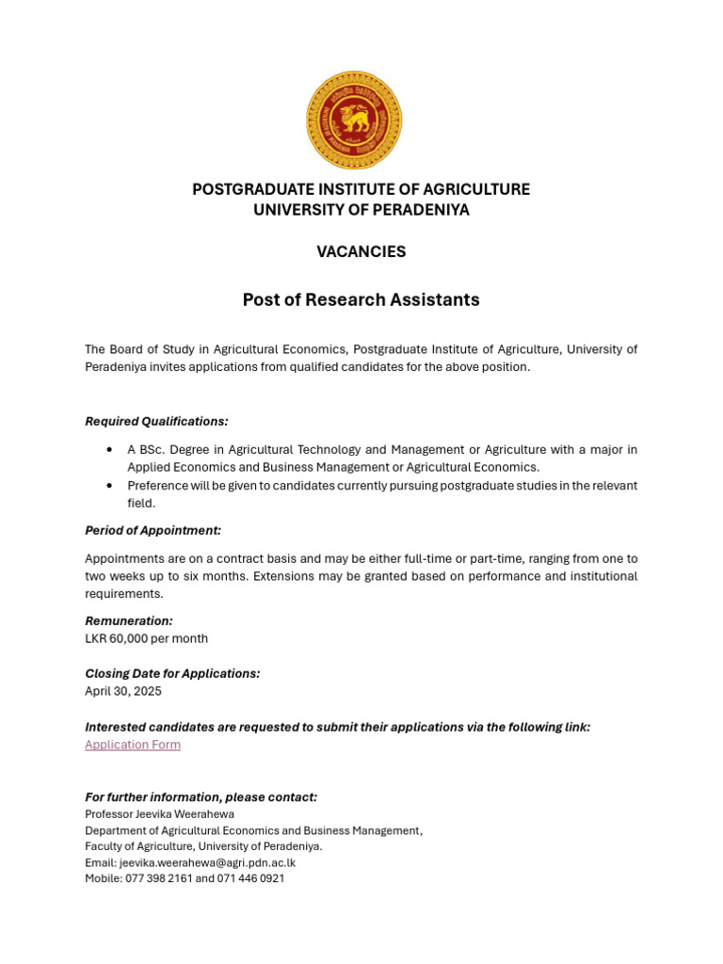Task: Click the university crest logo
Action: [353, 120]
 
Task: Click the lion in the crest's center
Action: [353, 120]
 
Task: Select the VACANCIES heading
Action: [361, 251]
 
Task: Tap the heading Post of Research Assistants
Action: [361, 299]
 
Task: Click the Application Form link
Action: [133, 745]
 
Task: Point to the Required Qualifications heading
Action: [156, 421]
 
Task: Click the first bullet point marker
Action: [110, 450]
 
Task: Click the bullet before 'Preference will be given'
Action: [110, 486]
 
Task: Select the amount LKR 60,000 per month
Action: [146, 638]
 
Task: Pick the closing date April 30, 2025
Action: [123, 691]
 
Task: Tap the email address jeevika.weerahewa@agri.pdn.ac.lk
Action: [207, 862]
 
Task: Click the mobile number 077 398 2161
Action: [158, 878]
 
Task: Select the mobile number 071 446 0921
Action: [250, 878]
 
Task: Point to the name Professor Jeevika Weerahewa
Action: [159, 814]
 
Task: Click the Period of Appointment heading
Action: [153, 531]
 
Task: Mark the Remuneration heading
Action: [129, 621]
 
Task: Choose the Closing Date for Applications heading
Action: [172, 674]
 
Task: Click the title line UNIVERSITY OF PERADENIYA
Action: [361, 210]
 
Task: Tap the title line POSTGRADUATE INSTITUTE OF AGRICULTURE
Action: [361, 189]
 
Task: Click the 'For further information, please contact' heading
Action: [201, 797]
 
